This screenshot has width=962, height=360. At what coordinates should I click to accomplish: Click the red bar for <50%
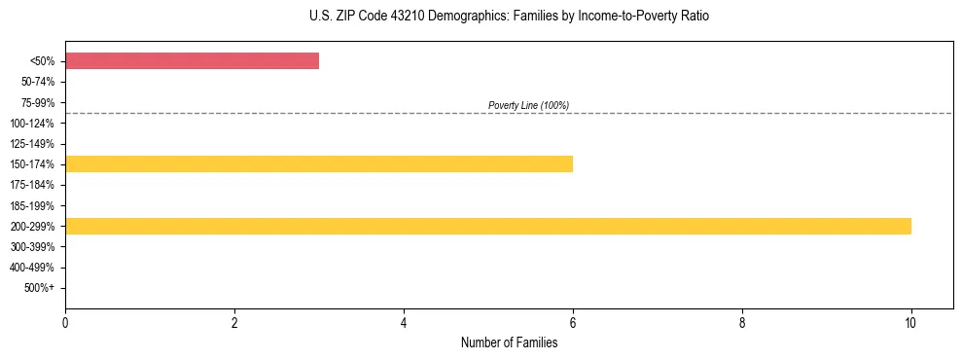pos(192,61)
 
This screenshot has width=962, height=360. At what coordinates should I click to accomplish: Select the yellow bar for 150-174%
pos(319,163)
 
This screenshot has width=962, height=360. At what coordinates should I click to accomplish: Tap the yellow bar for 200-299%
pos(488,227)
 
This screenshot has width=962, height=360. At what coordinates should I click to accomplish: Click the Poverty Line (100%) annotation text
pos(528,105)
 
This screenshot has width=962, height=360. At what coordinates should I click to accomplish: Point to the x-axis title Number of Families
pos(509,342)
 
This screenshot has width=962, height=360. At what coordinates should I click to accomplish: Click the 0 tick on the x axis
pos(65,323)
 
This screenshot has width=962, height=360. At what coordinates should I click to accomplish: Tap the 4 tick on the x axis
pos(404,323)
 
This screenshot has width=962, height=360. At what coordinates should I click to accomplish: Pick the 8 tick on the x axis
pos(742,323)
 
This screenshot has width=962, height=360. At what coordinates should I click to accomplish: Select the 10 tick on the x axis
pos(910,323)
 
